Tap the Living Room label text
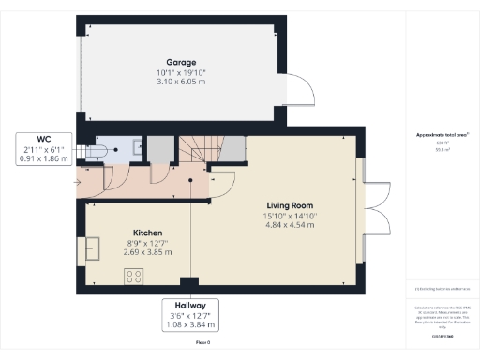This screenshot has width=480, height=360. pyautogui.click(x=288, y=205)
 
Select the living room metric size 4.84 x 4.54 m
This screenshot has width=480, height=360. pyautogui.click(x=288, y=226)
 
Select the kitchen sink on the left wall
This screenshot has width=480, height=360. pyautogui.click(x=95, y=247)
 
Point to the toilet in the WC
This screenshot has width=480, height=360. pyautogui.click(x=99, y=150)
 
